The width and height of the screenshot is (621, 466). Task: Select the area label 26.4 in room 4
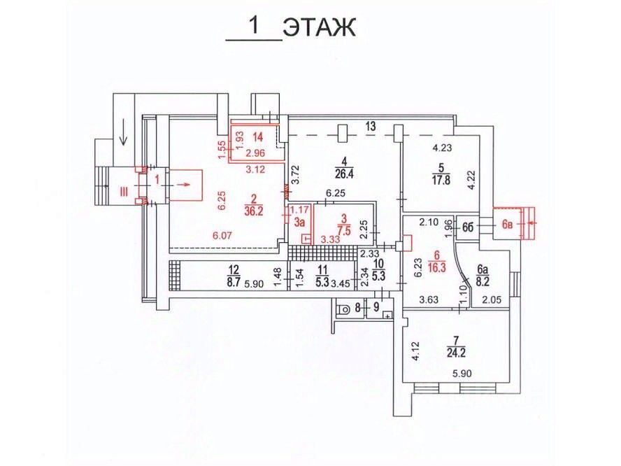(340, 178)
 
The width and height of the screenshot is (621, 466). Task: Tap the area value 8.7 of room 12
(234, 283)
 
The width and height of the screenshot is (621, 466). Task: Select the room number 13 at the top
(370, 126)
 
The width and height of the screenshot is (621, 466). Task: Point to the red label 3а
(299, 223)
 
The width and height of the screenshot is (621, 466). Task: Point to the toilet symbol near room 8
(343, 309)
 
